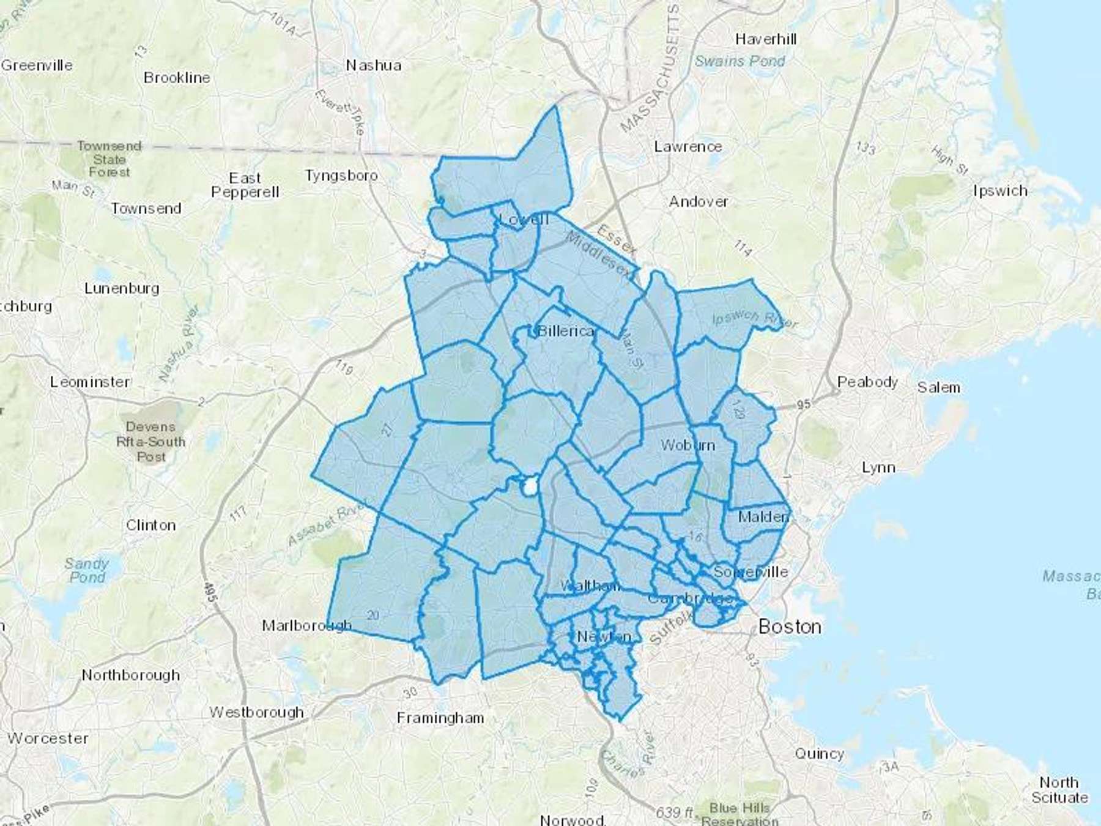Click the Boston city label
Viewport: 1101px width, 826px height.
pyautogui.click(x=790, y=627)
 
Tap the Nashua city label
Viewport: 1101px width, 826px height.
pyautogui.click(x=374, y=65)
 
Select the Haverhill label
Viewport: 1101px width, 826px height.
pyautogui.click(x=766, y=40)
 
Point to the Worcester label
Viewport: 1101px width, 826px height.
pyautogui.click(x=48, y=739)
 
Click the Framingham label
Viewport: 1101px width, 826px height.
pyautogui.click(x=440, y=718)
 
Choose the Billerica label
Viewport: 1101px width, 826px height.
pyautogui.click(x=566, y=331)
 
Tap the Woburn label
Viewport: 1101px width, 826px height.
pyautogui.click(x=688, y=445)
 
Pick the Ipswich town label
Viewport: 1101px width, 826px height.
pyautogui.click(x=1000, y=191)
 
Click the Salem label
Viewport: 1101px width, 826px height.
pyautogui.click(x=938, y=387)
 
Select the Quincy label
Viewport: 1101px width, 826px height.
pyautogui.click(x=819, y=754)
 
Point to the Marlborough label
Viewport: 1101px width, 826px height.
pyautogui.click(x=306, y=625)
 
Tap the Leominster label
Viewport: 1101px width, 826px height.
pyautogui.click(x=90, y=382)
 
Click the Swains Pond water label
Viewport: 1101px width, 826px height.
pyautogui.click(x=740, y=61)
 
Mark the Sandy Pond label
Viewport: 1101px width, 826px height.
pyautogui.click(x=87, y=570)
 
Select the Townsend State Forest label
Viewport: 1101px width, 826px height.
pyautogui.click(x=109, y=159)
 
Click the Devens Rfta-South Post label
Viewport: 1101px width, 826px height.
pyautogui.click(x=150, y=442)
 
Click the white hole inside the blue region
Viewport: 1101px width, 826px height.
pyautogui.click(x=528, y=488)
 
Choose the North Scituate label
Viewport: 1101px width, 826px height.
pyautogui.click(x=1059, y=790)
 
